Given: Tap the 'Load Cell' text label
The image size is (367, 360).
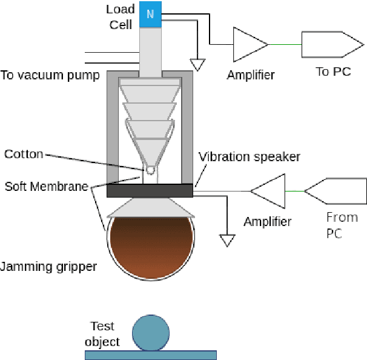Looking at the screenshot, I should click(x=121, y=17).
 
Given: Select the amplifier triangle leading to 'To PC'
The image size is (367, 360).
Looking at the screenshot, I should click(x=249, y=44).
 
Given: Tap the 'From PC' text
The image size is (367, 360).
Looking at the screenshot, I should click(x=342, y=225).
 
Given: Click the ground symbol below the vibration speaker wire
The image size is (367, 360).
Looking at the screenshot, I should click(x=227, y=241).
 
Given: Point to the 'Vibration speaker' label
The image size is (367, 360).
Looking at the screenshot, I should click(x=249, y=157).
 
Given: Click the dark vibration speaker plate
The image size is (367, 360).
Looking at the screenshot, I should click(x=150, y=190).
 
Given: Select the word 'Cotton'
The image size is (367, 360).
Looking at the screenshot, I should click(x=24, y=154).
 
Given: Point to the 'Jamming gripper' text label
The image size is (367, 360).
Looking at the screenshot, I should click(x=48, y=267).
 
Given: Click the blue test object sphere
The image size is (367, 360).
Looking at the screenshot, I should click(x=151, y=333).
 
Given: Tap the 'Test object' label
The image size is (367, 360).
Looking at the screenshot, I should click(x=102, y=333).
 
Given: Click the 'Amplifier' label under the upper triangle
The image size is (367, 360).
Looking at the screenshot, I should click(x=250, y=75).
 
